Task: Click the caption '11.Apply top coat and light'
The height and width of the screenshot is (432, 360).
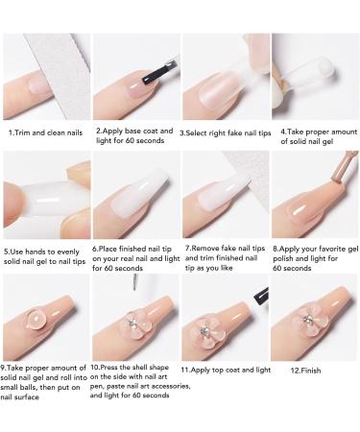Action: click(225, 369)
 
